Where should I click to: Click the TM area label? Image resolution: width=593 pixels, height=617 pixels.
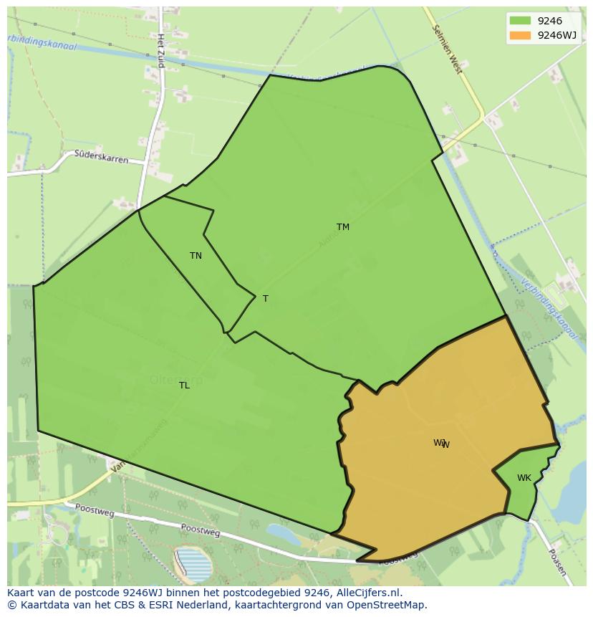pos(343,227)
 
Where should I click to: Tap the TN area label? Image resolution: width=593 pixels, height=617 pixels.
pos(196,256)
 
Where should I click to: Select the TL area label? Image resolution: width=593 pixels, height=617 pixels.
pos(184,386)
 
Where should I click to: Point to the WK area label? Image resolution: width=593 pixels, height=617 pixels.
pos(524,478)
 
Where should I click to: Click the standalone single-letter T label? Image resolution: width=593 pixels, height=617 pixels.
pos(265,299)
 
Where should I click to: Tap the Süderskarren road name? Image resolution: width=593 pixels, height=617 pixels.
pos(101,156)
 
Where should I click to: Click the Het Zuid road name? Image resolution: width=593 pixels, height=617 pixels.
pos(161,50)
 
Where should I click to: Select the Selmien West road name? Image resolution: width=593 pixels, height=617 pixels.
pos(448,49)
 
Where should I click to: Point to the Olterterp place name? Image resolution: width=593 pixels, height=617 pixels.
pos(176,381)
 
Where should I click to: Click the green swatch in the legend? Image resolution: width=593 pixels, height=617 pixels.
pos(520,21)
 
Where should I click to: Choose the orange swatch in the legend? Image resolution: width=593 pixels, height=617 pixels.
pos(520,35)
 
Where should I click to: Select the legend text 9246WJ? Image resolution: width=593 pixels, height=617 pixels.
pos(557,35)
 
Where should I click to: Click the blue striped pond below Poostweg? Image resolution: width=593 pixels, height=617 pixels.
pos(191,563)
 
